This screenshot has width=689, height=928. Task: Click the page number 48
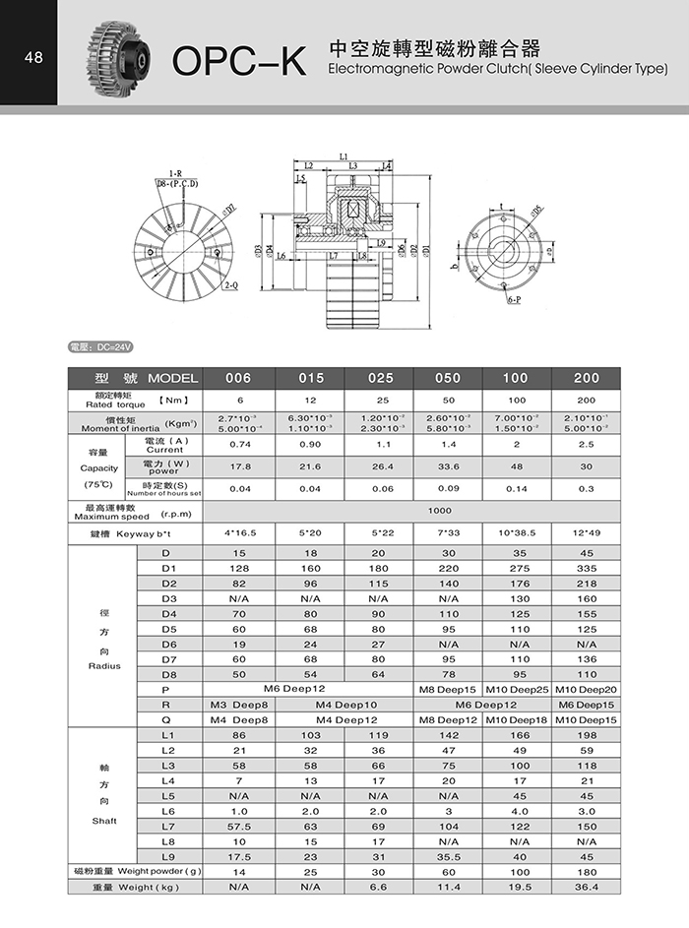pos(33,57)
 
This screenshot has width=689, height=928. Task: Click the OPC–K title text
pos(240,61)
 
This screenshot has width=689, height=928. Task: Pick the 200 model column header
pos(587,379)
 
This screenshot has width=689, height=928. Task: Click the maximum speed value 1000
pos(449,511)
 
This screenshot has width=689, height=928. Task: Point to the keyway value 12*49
pos(587,533)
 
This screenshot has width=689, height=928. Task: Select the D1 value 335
pos(587,568)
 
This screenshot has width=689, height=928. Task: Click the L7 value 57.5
pos(238,826)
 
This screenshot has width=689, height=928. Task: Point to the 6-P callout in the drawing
pos(513,298)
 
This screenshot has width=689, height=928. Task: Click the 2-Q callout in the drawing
pos(232,284)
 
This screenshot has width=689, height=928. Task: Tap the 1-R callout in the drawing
pos(175,173)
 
